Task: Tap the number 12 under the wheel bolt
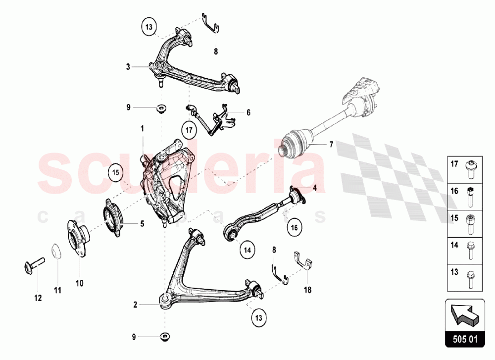pyautogui.click(x=38, y=298)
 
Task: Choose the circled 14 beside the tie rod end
pyautogui.click(x=247, y=251)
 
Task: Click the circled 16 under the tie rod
pyautogui.click(x=294, y=228)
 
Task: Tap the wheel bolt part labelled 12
pyautogui.click(x=32, y=262)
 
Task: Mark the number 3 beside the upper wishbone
pyautogui.click(x=128, y=66)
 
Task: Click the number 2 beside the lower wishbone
pyautogui.click(x=135, y=305)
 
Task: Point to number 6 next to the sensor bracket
pyautogui.click(x=248, y=112)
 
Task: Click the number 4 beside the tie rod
pyautogui.click(x=314, y=187)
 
